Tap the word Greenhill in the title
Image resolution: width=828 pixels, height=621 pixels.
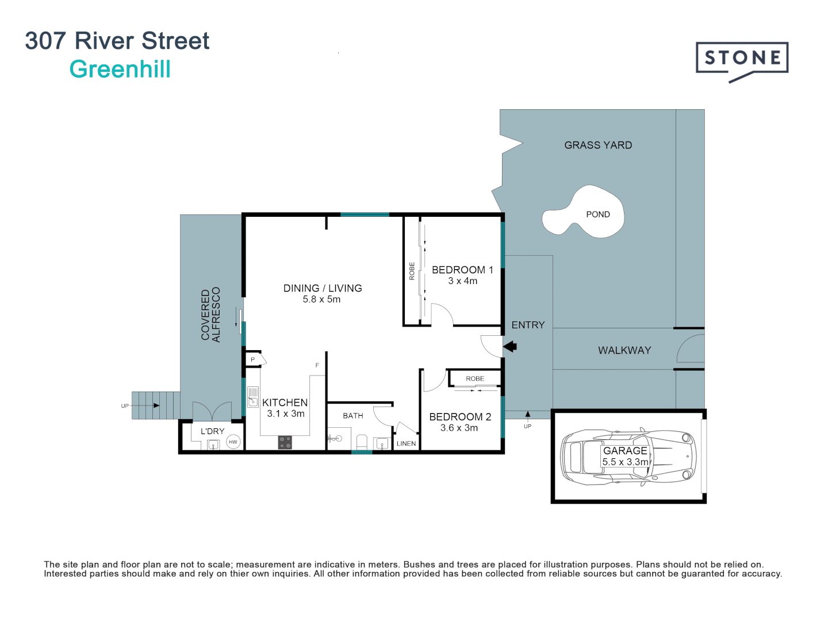pos(120,70)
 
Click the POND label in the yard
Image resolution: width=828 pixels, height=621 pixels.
pos(597,214)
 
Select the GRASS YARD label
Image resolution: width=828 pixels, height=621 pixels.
pos(598,145)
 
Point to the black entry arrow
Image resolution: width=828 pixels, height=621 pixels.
pos(510,346)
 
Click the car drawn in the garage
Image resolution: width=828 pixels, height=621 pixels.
pos(628,457)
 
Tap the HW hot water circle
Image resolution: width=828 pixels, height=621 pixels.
pos(233,442)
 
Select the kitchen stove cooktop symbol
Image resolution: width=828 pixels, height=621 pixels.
pos(285,442)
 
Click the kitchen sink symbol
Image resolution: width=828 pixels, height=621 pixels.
pos(252,397)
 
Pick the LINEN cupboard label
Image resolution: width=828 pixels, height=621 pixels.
pos(406,443)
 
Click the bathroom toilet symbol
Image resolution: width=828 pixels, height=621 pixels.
pos(362,442)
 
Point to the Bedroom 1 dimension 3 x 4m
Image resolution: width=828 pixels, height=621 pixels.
pos(463,281)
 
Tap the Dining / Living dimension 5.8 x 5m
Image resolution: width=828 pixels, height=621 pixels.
pos(321,300)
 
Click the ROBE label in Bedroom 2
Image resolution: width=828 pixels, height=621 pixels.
pos(475,378)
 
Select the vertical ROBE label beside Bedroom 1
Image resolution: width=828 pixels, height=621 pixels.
pos(412,271)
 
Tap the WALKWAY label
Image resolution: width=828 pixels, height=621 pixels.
pos(624,350)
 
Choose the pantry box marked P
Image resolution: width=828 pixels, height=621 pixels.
pos(252,360)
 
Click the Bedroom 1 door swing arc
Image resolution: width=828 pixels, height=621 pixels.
pos(442,315)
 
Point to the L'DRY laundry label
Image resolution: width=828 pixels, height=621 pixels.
pos(212,431)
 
